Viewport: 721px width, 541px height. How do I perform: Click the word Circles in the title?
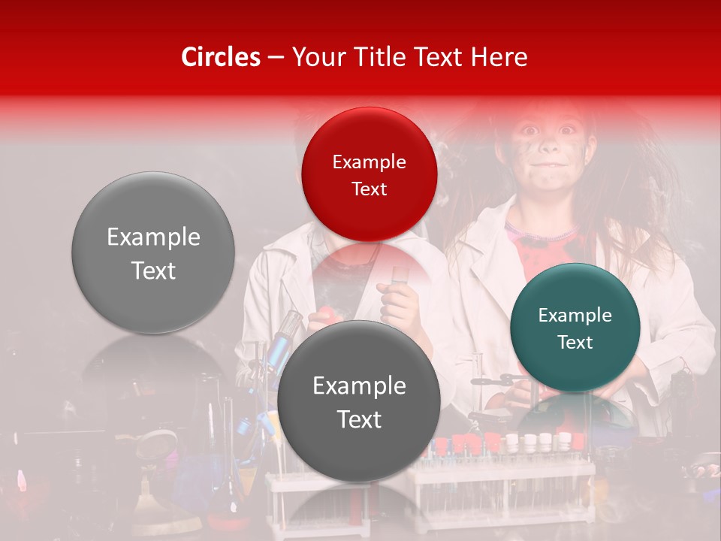(x=221, y=57)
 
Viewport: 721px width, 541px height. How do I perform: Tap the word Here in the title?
(x=499, y=57)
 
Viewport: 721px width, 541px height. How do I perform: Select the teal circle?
(x=575, y=328)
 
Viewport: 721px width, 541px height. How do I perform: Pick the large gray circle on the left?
(x=153, y=252)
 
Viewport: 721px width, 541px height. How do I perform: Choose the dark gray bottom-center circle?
(x=359, y=401)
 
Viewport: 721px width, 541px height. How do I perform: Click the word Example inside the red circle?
(x=369, y=162)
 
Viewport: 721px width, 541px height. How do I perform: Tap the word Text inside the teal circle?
(x=575, y=343)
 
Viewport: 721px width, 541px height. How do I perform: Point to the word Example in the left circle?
(x=153, y=237)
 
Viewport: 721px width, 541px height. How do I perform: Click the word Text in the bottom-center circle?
(x=359, y=419)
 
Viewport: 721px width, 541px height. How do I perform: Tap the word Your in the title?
(x=315, y=57)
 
